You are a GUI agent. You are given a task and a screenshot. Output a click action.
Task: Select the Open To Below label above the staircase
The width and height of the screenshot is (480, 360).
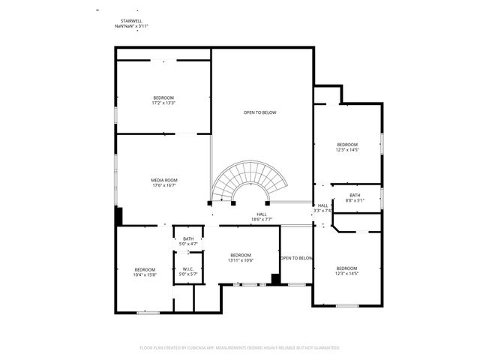(259, 112)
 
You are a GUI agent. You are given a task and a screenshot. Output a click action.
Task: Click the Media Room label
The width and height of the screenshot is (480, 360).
(163, 180)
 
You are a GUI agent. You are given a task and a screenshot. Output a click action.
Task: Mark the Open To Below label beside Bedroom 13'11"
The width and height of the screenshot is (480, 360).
(296, 258)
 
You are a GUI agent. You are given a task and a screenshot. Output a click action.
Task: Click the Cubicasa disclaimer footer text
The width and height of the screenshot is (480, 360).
(240, 347)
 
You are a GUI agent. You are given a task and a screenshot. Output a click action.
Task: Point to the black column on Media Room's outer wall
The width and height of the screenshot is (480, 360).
(118, 215)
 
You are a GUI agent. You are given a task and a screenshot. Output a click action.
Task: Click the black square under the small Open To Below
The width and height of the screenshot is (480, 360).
(276, 279)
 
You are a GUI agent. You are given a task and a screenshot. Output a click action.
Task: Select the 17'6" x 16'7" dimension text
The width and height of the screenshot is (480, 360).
(163, 185)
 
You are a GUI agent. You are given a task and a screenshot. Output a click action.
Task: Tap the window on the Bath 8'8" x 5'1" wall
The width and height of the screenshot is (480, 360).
(382, 198)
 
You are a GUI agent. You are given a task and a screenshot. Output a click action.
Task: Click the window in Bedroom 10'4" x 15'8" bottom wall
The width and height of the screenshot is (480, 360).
(148, 312)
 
